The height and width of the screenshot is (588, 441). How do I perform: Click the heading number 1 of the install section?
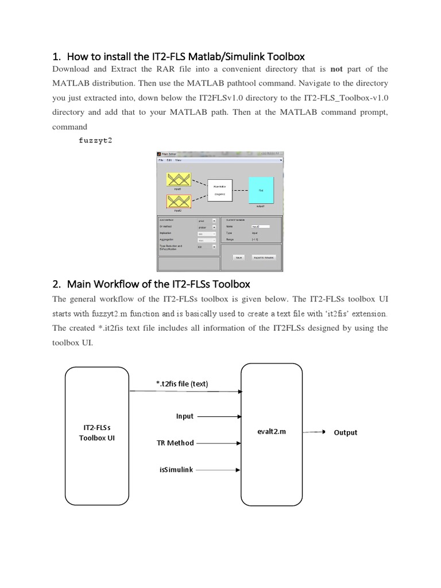(56, 56)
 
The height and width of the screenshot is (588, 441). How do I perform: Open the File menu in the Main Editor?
(161, 160)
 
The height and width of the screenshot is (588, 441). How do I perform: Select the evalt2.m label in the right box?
(272, 432)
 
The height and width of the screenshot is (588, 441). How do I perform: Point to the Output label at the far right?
(345, 432)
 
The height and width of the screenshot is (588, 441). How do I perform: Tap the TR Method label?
(175, 443)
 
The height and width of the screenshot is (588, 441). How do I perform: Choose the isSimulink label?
(176, 469)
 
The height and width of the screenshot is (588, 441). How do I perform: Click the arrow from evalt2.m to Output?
(316, 432)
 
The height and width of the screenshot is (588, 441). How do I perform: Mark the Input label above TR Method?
(185, 416)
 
